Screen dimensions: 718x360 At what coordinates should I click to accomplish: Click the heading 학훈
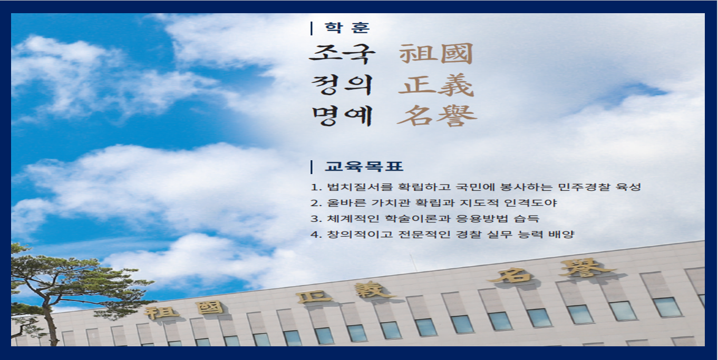pyautogui.click(x=347, y=27)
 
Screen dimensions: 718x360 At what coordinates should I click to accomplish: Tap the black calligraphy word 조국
pyautogui.click(x=342, y=54)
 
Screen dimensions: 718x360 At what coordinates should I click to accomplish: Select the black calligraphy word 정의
pyautogui.click(x=342, y=85)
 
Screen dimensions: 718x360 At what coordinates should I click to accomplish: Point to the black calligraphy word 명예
pyautogui.click(x=342, y=116)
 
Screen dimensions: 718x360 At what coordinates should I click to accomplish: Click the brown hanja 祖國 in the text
pyautogui.click(x=436, y=53)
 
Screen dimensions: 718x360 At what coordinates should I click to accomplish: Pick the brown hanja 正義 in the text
pyautogui.click(x=436, y=85)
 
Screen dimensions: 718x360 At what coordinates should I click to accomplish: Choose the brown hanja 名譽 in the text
pyautogui.click(x=436, y=116)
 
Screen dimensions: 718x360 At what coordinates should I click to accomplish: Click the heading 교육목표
pyautogui.click(x=364, y=167)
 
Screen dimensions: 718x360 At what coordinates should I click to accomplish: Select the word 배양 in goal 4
pyautogui.click(x=561, y=235)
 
